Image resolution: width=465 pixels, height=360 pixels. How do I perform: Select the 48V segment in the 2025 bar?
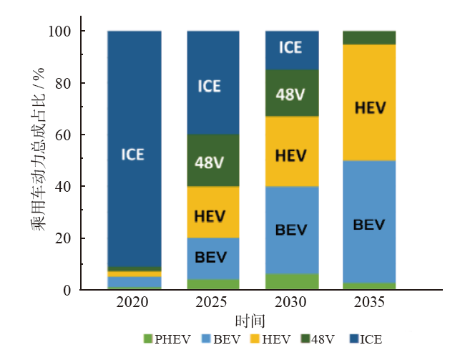212,160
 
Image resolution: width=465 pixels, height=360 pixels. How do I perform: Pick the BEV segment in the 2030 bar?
291,230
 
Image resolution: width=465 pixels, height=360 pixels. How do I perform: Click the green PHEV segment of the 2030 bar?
291,282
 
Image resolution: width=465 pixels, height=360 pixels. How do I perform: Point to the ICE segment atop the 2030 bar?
291,49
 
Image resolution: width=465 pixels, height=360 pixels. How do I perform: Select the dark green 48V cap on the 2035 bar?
369,37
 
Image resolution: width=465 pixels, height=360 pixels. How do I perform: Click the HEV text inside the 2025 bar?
210,215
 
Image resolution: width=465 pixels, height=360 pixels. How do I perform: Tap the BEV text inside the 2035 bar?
369,225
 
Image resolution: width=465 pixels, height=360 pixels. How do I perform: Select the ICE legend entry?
369,339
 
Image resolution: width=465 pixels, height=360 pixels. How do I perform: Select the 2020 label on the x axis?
134,303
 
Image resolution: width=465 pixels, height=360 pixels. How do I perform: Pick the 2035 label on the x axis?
369,303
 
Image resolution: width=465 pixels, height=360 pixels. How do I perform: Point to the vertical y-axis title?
38,160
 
